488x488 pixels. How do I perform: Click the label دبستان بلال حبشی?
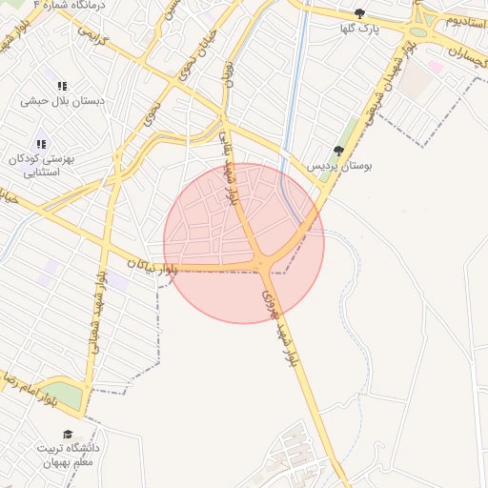pos(63,98)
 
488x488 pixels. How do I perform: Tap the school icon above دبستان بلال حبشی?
pos(63,85)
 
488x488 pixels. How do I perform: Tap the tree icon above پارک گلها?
pos(359,13)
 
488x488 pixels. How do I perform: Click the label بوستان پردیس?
pos(338,165)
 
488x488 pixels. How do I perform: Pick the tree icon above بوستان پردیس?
pos(337,150)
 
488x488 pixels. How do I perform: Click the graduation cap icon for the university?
pos(67,435)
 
